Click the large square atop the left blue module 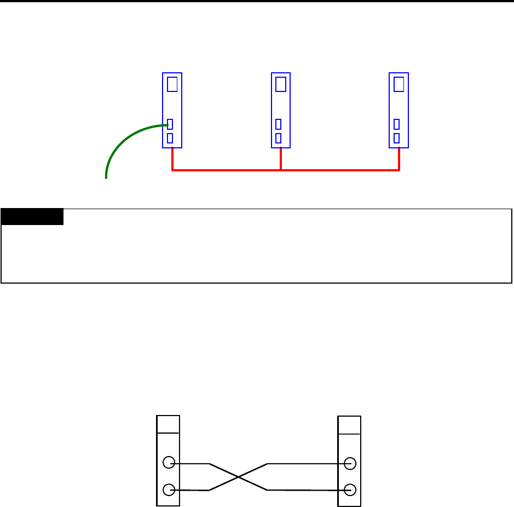(x=172, y=84)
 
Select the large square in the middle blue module (x=280, y=84)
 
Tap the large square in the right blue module (x=399, y=84)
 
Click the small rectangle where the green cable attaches (x=170, y=124)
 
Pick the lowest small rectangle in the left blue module (x=170, y=138)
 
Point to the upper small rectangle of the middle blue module (x=278, y=124)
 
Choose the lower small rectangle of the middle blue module (x=278, y=138)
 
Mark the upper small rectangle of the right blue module (x=396, y=124)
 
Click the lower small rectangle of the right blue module (x=396, y=138)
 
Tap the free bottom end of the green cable (x=106, y=177)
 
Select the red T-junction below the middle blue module (x=281, y=170)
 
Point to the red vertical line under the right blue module (x=399, y=159)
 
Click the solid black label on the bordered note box (x=32, y=216)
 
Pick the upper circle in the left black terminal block (x=169, y=463)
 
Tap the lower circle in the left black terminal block (x=169, y=490)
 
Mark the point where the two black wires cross (x=238, y=477)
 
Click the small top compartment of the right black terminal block (x=349, y=424)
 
